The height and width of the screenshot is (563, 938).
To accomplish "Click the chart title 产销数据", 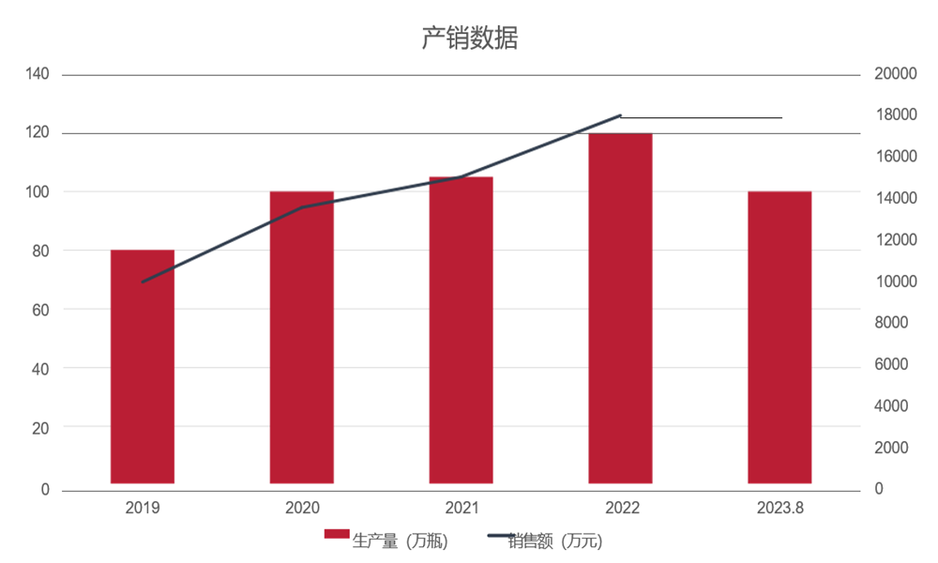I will (468, 38).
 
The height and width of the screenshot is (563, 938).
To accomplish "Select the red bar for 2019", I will (143, 366).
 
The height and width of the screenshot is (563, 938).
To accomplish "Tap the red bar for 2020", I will (302, 338).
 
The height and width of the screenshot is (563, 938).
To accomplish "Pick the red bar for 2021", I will (461, 330).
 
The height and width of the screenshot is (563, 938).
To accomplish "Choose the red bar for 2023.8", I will (779, 338).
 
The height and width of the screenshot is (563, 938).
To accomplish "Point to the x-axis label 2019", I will (143, 508).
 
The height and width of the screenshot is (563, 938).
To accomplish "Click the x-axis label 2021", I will (461, 508).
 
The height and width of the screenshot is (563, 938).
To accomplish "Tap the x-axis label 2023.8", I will (779, 508).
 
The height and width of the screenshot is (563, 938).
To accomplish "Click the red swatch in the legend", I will (337, 535).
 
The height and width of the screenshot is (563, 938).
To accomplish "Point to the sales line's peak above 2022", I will (620, 115).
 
